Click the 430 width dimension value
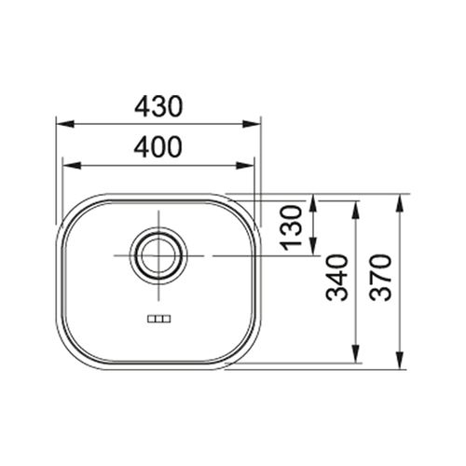point(158,106)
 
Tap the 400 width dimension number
point(158,146)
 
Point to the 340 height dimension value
point(336,278)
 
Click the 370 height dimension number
point(380,278)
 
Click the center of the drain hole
point(158,255)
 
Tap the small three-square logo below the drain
point(158,319)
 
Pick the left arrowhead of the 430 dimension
point(65,124)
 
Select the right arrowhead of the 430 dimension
point(252,124)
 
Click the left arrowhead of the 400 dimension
point(72,166)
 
